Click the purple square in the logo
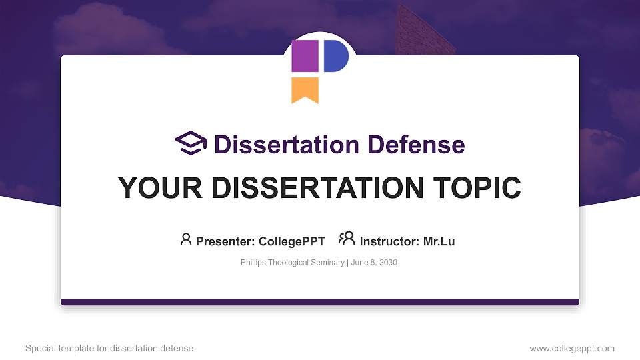click(x=305, y=56)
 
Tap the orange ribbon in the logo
click(x=305, y=89)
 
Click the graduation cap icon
click(x=191, y=143)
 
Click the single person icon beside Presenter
click(x=186, y=239)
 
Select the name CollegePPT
click(x=291, y=241)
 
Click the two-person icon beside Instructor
click(x=347, y=239)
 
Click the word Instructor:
click(x=389, y=241)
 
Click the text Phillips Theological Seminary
click(x=292, y=263)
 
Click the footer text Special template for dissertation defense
click(x=109, y=348)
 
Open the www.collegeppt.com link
click(x=572, y=348)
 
